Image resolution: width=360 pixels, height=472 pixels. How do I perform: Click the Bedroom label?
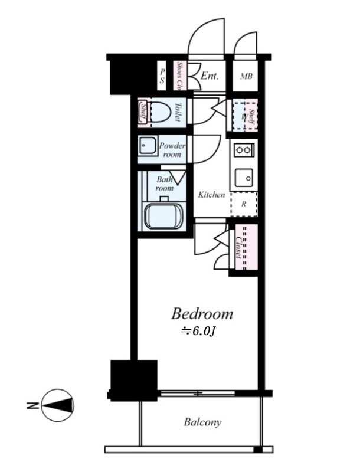tap(202, 313)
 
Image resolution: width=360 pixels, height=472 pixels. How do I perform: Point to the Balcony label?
tap(202, 422)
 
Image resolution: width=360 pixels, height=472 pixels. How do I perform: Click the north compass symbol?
tap(57, 405)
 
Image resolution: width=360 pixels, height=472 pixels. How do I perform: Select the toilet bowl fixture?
tap(160, 112)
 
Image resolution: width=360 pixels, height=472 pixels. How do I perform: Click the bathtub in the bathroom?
tap(163, 215)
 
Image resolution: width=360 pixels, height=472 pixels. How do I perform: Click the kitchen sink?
tap(243, 176)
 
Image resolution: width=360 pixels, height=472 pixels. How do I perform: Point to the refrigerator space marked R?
tap(243, 204)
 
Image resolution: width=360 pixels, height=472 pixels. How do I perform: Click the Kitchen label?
tap(211, 194)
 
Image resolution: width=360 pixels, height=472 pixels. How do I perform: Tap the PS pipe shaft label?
tap(162, 76)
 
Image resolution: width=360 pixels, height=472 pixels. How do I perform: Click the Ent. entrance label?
tap(210, 76)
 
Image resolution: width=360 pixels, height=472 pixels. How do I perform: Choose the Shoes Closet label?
tap(180, 76)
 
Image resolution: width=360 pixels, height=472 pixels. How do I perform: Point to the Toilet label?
tap(178, 111)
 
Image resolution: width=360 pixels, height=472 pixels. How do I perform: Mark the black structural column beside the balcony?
tap(134, 378)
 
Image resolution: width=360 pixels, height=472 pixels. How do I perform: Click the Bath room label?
tap(165, 183)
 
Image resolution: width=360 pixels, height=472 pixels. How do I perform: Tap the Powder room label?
tap(172, 150)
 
